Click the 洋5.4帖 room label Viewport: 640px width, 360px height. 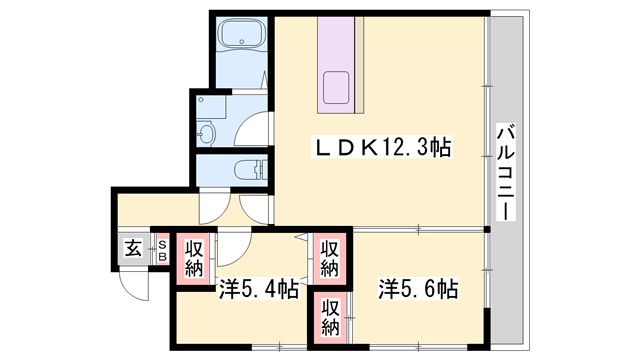(x=257, y=291)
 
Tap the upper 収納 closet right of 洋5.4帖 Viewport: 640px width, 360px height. (x=328, y=257)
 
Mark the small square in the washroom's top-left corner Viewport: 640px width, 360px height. (x=201, y=100)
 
